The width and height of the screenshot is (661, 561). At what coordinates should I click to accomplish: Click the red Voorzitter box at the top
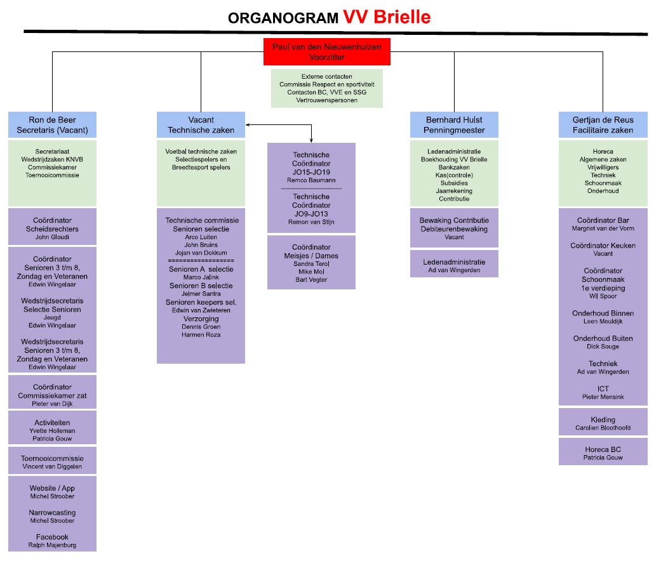326,52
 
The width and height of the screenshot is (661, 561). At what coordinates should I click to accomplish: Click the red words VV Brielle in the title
387,17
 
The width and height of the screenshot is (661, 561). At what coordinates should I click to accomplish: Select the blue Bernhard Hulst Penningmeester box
454,125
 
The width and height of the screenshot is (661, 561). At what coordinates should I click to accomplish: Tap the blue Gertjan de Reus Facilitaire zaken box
603,125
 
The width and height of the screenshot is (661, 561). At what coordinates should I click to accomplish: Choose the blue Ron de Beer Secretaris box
52,125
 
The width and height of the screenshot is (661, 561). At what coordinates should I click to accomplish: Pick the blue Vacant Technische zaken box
201,125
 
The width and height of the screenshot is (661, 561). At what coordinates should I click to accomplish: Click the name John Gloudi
52,237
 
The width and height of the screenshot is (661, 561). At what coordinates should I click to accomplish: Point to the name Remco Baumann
311,181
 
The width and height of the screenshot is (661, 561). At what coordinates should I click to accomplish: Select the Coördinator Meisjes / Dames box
311,262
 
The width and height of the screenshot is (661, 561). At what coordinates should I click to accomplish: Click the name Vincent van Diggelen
52,466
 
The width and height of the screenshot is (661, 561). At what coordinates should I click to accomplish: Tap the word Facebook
52,537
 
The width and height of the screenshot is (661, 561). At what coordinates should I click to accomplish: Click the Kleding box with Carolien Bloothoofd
603,423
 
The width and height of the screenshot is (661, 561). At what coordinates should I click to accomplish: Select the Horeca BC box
603,452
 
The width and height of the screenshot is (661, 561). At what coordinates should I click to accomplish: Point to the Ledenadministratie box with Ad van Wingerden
454,265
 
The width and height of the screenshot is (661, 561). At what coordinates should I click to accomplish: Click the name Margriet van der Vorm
603,228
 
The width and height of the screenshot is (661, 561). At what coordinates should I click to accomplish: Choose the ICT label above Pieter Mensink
603,388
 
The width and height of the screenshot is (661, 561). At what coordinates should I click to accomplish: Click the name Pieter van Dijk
52,404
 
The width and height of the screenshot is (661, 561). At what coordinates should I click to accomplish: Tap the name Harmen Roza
201,334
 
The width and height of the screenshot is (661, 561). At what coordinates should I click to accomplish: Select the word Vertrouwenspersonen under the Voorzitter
326,100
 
